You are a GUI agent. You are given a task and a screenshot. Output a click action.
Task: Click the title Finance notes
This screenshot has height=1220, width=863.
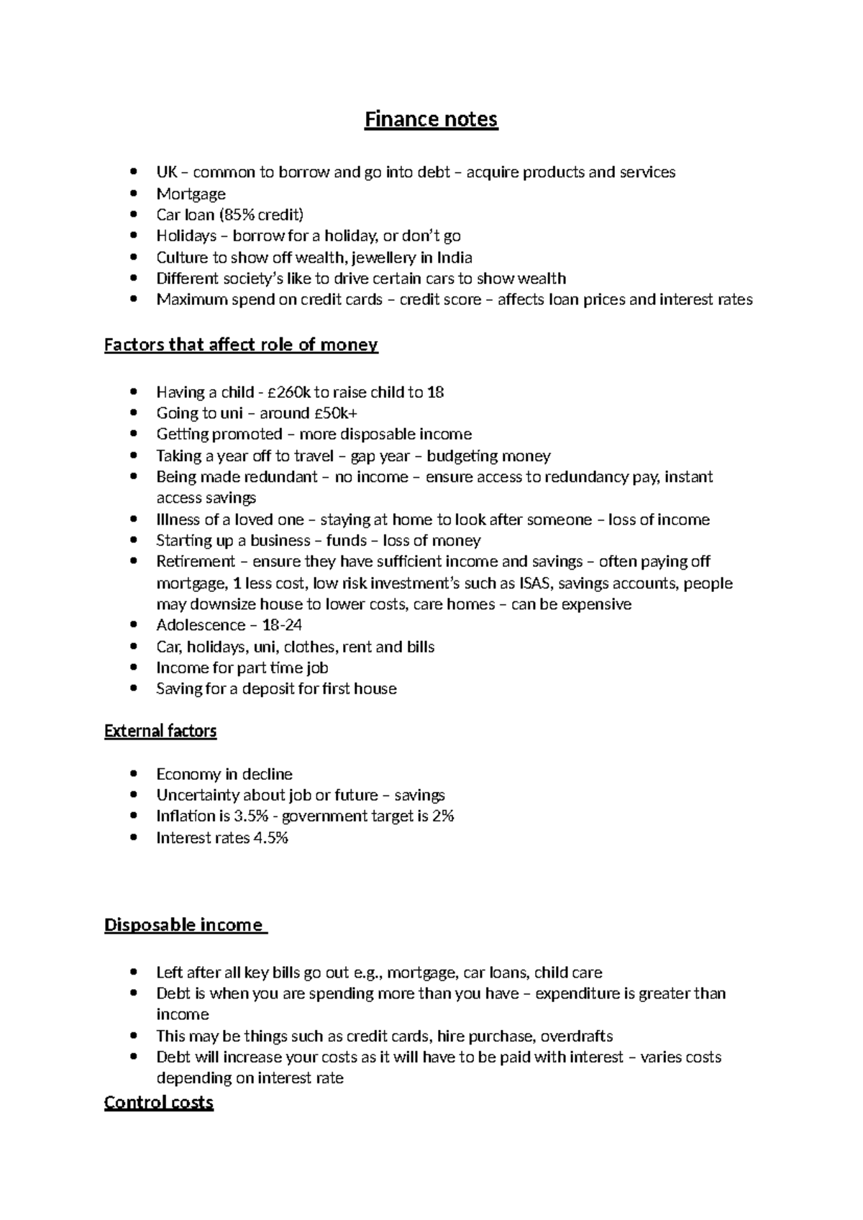[x=431, y=119]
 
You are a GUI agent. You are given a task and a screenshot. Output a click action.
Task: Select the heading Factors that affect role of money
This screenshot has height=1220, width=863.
[x=241, y=345]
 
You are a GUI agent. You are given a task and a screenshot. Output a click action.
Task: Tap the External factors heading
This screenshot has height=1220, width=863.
[x=160, y=732]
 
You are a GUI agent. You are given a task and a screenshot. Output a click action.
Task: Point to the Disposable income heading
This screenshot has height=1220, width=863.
[x=184, y=925]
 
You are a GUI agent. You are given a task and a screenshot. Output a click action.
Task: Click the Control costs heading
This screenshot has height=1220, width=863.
[x=159, y=1103]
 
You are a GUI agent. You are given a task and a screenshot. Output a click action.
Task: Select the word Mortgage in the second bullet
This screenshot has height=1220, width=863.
[x=191, y=194]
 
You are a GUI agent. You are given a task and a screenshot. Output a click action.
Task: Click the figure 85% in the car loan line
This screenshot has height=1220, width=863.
[x=240, y=215]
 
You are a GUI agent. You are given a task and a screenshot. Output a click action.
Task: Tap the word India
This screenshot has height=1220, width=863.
[x=455, y=258]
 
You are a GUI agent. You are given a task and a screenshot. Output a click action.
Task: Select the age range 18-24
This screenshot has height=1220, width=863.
[x=279, y=625]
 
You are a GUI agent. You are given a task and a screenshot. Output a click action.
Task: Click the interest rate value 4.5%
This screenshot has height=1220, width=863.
[x=271, y=838]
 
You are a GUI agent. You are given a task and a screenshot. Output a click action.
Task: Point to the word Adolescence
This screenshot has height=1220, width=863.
[x=201, y=625]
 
